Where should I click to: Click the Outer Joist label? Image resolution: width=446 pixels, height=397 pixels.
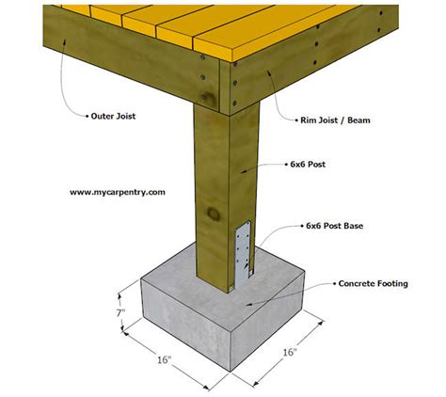pyautogui.click(x=113, y=117)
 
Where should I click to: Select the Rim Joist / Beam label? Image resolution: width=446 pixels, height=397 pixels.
pyautogui.click(x=335, y=120)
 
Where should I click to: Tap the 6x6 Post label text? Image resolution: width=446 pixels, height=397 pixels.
pyautogui.click(x=308, y=165)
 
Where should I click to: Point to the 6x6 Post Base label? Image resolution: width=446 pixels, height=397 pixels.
pyautogui.click(x=334, y=226)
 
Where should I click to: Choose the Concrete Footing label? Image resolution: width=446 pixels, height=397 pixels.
pyautogui.click(x=374, y=284)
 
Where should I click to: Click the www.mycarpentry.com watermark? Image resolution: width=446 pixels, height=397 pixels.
pyautogui.click(x=118, y=192)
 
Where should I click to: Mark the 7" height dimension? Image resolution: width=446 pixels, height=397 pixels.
pyautogui.click(x=120, y=312)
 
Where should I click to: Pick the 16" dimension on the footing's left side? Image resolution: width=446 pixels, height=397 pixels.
pyautogui.click(x=165, y=360)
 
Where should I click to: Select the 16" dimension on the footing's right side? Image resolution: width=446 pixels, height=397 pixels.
pyautogui.click(x=290, y=352)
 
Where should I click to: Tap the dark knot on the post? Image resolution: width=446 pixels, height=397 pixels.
pyautogui.click(x=214, y=214)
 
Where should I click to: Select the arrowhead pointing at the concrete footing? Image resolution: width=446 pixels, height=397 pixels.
pyautogui.click(x=247, y=304)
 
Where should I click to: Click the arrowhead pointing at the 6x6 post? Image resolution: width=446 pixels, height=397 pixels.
pyautogui.click(x=244, y=170)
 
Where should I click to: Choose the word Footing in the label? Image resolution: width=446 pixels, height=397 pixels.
pyautogui.click(x=392, y=284)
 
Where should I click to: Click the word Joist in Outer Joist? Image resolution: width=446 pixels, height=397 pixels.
pyautogui.click(x=125, y=117)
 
